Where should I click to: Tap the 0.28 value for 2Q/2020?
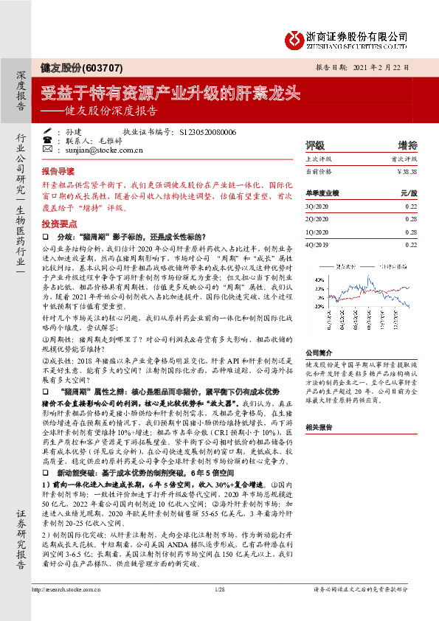[x=410, y=218]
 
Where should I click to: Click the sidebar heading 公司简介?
[x=319, y=353]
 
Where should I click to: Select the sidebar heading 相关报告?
[x=319, y=426]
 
